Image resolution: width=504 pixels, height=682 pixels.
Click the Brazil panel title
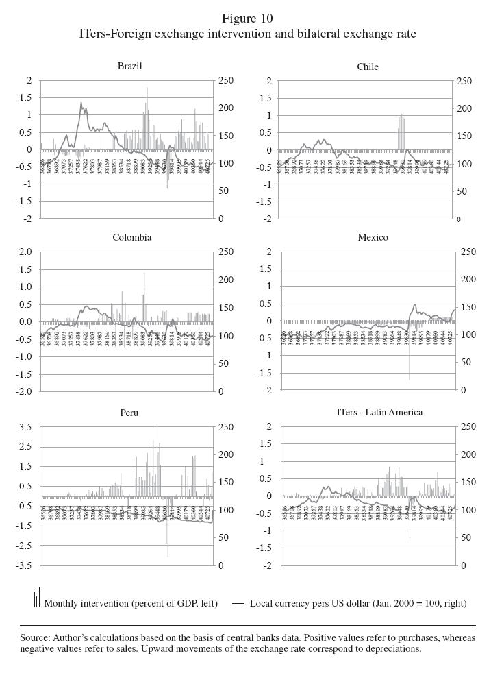pyautogui.click(x=130, y=66)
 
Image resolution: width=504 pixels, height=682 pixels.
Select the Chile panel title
pyautogui.click(x=368, y=66)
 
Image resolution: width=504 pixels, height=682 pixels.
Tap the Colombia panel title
pyautogui.click(x=132, y=237)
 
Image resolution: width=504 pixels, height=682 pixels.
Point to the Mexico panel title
pyautogui.click(x=373, y=237)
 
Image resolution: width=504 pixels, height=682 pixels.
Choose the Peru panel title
pyautogui.click(x=129, y=413)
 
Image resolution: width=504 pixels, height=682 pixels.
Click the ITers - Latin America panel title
pyautogui.click(x=379, y=412)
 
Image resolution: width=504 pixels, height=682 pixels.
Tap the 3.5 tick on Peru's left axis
pyautogui.click(x=25, y=427)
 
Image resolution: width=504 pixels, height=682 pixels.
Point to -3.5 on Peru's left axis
pyautogui.click(x=23, y=566)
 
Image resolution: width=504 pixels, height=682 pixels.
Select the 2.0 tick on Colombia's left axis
pyautogui.click(x=25, y=252)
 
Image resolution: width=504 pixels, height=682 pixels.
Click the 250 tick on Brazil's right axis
pyautogui.click(x=226, y=81)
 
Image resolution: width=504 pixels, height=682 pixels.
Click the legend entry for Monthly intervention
pyautogui.click(x=130, y=603)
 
